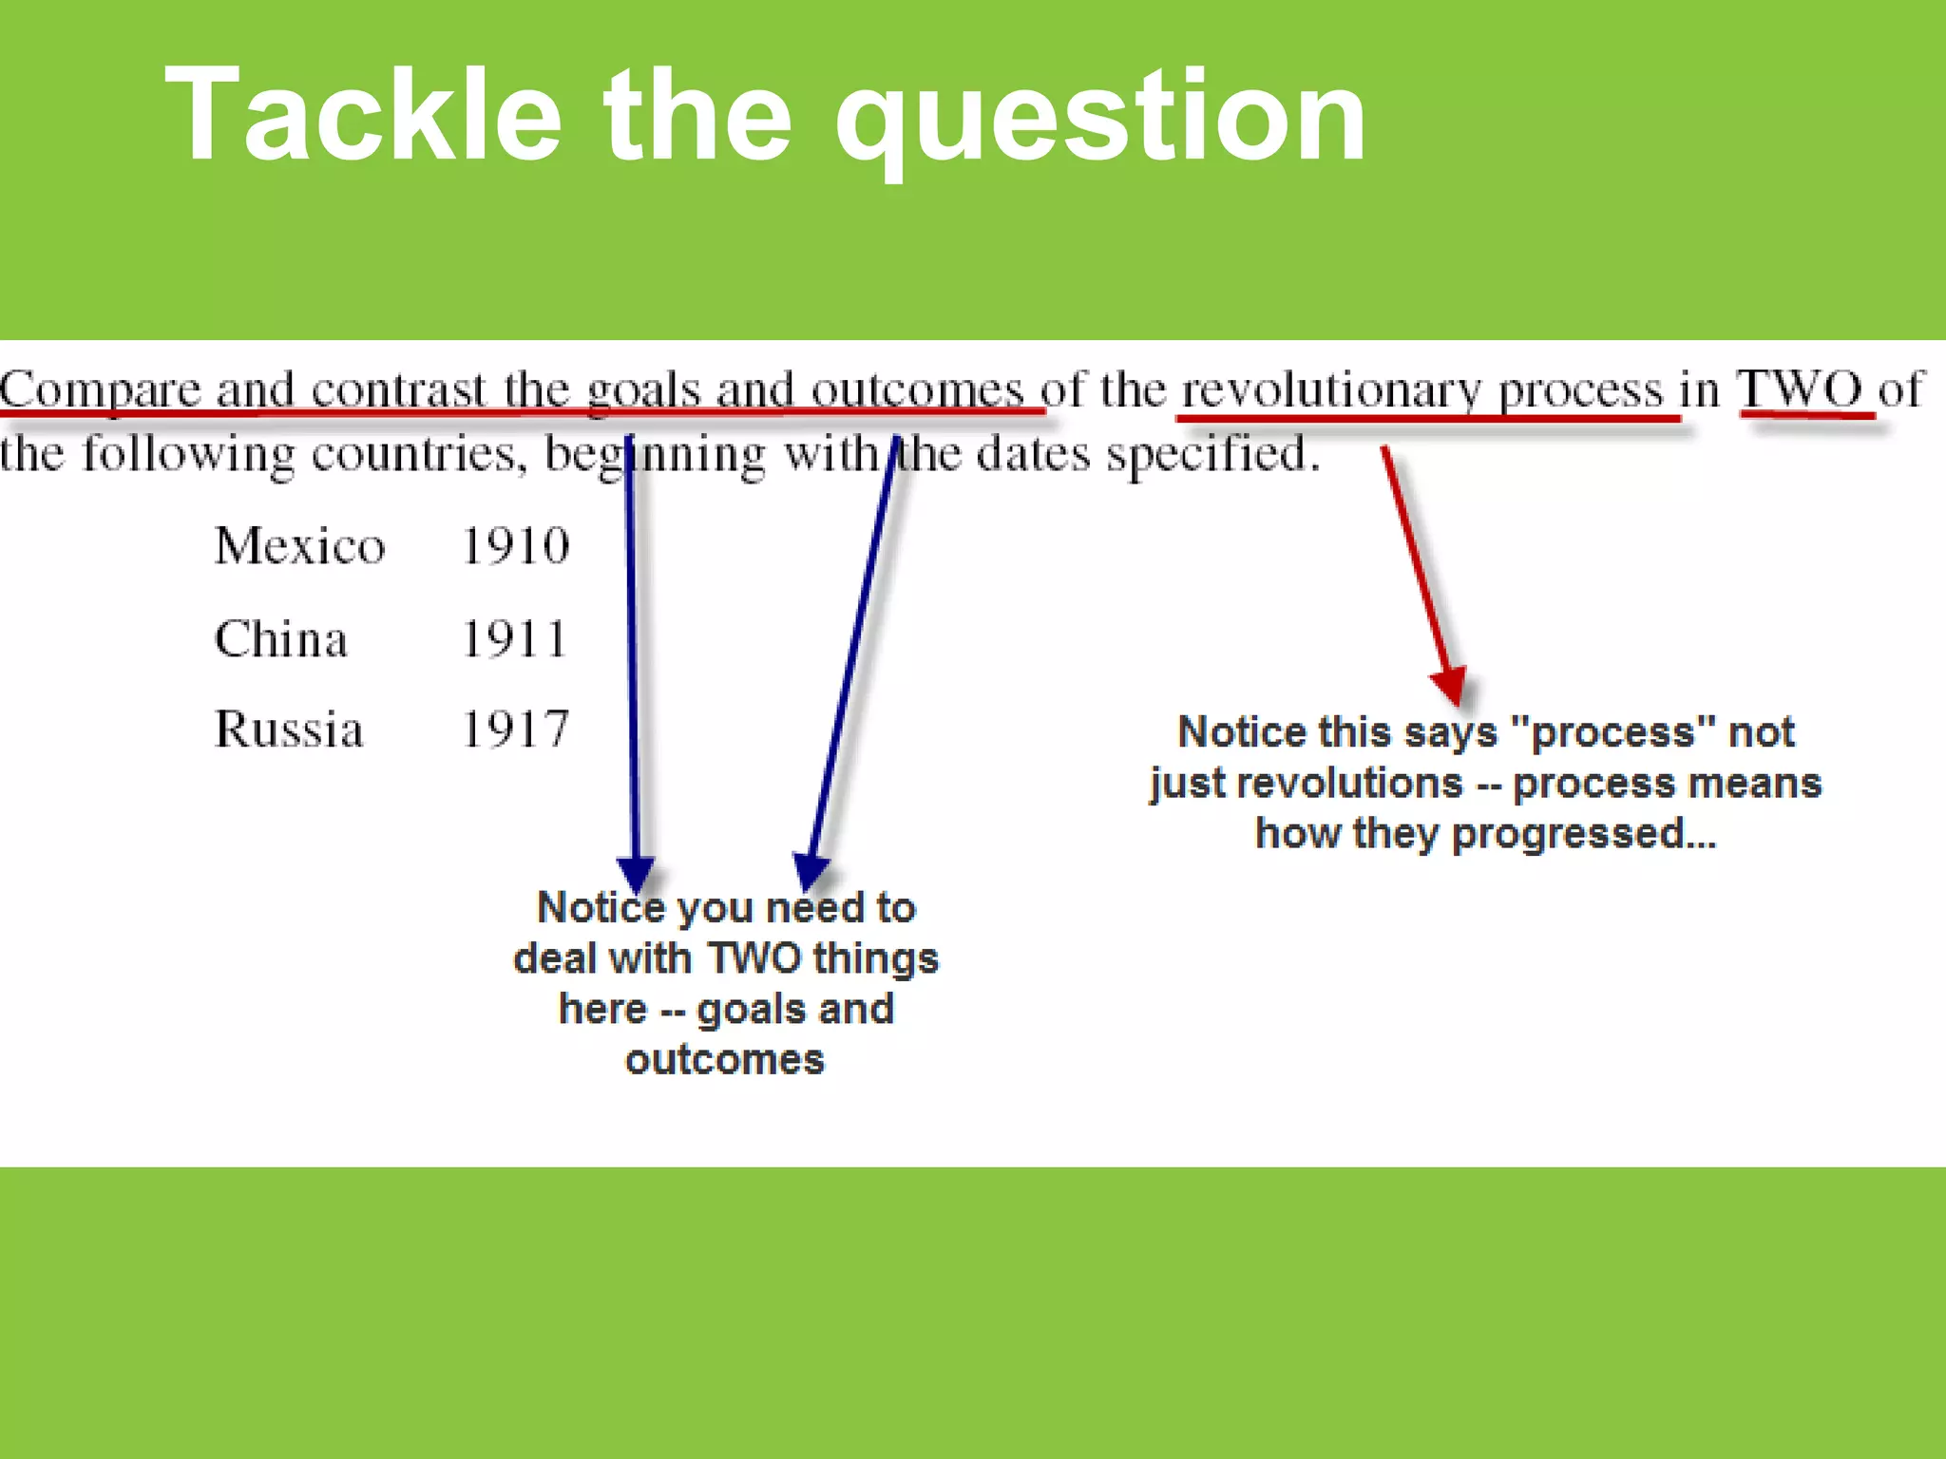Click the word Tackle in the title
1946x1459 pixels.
(x=364, y=116)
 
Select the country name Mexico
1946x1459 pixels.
(x=299, y=546)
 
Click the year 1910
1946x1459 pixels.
(x=515, y=546)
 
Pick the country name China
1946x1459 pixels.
(x=281, y=638)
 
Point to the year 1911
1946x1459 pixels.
(x=515, y=638)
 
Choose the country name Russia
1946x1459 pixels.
(x=289, y=729)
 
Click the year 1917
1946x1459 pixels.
(x=515, y=729)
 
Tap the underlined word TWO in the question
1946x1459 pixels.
(x=1800, y=388)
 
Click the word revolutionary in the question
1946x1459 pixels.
(x=1330, y=390)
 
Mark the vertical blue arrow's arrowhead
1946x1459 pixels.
(x=636, y=871)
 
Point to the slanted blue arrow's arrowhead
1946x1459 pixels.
(x=811, y=869)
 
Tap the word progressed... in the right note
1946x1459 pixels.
(x=1584, y=833)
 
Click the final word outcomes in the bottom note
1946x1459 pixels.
(x=725, y=1059)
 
